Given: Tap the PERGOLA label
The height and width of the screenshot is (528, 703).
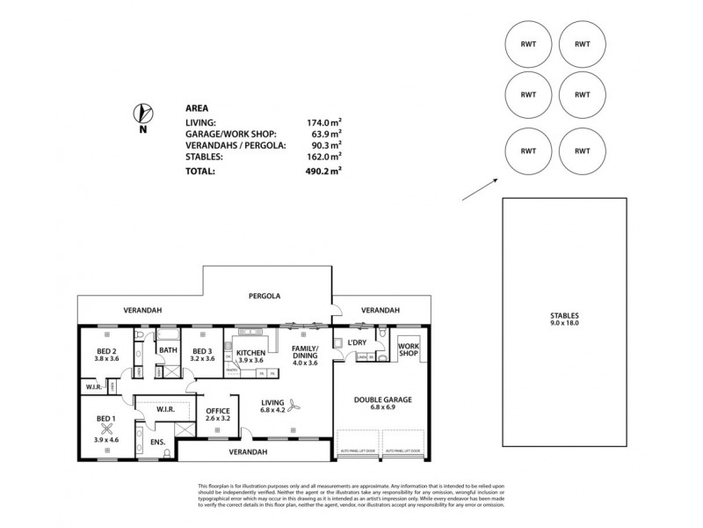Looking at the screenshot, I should click(x=264, y=297).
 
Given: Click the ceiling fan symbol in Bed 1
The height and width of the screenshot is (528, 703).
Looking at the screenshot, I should click(x=107, y=429).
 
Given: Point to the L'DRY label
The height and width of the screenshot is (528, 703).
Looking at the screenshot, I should click(x=356, y=341).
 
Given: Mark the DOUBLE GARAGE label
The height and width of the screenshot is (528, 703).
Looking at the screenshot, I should click(x=382, y=399).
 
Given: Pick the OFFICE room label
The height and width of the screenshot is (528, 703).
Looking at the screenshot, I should click(x=217, y=411).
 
